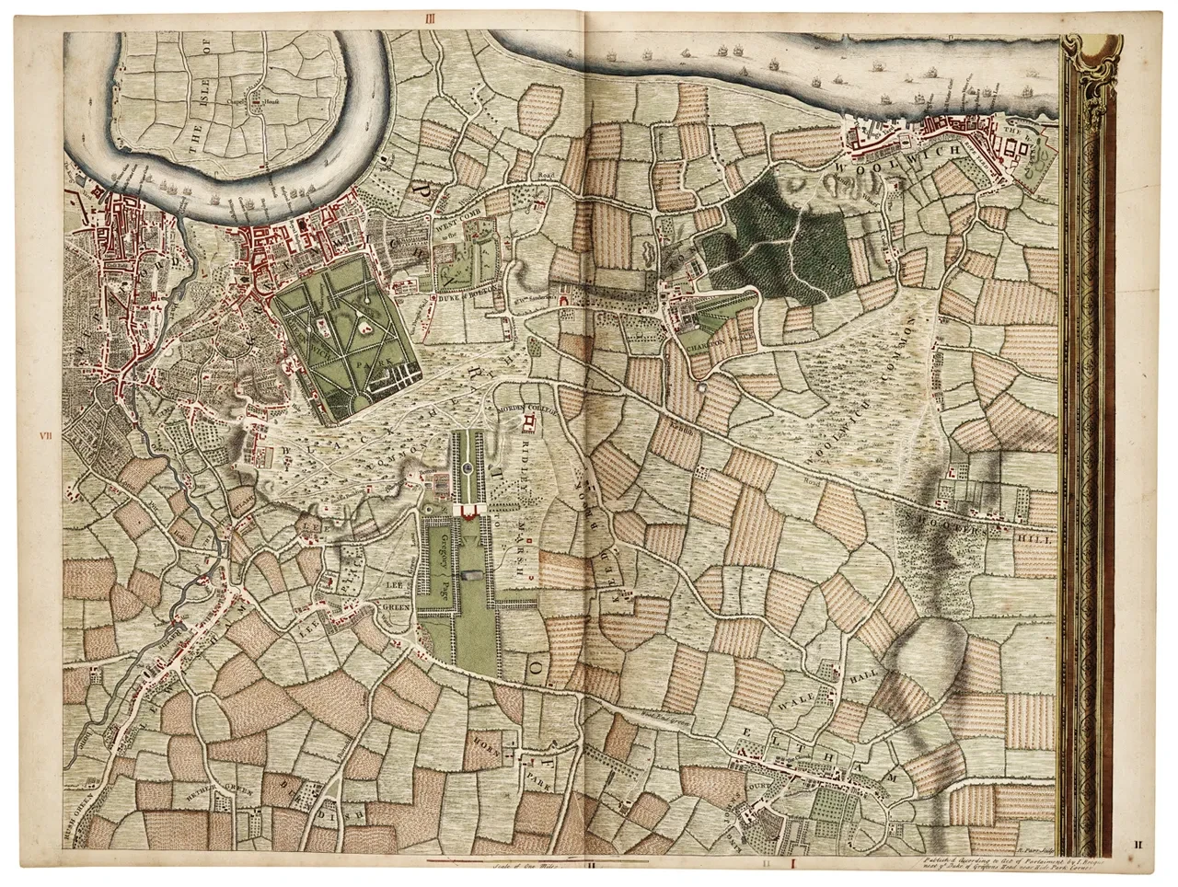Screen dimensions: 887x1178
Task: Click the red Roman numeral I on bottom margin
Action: point(792,865)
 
